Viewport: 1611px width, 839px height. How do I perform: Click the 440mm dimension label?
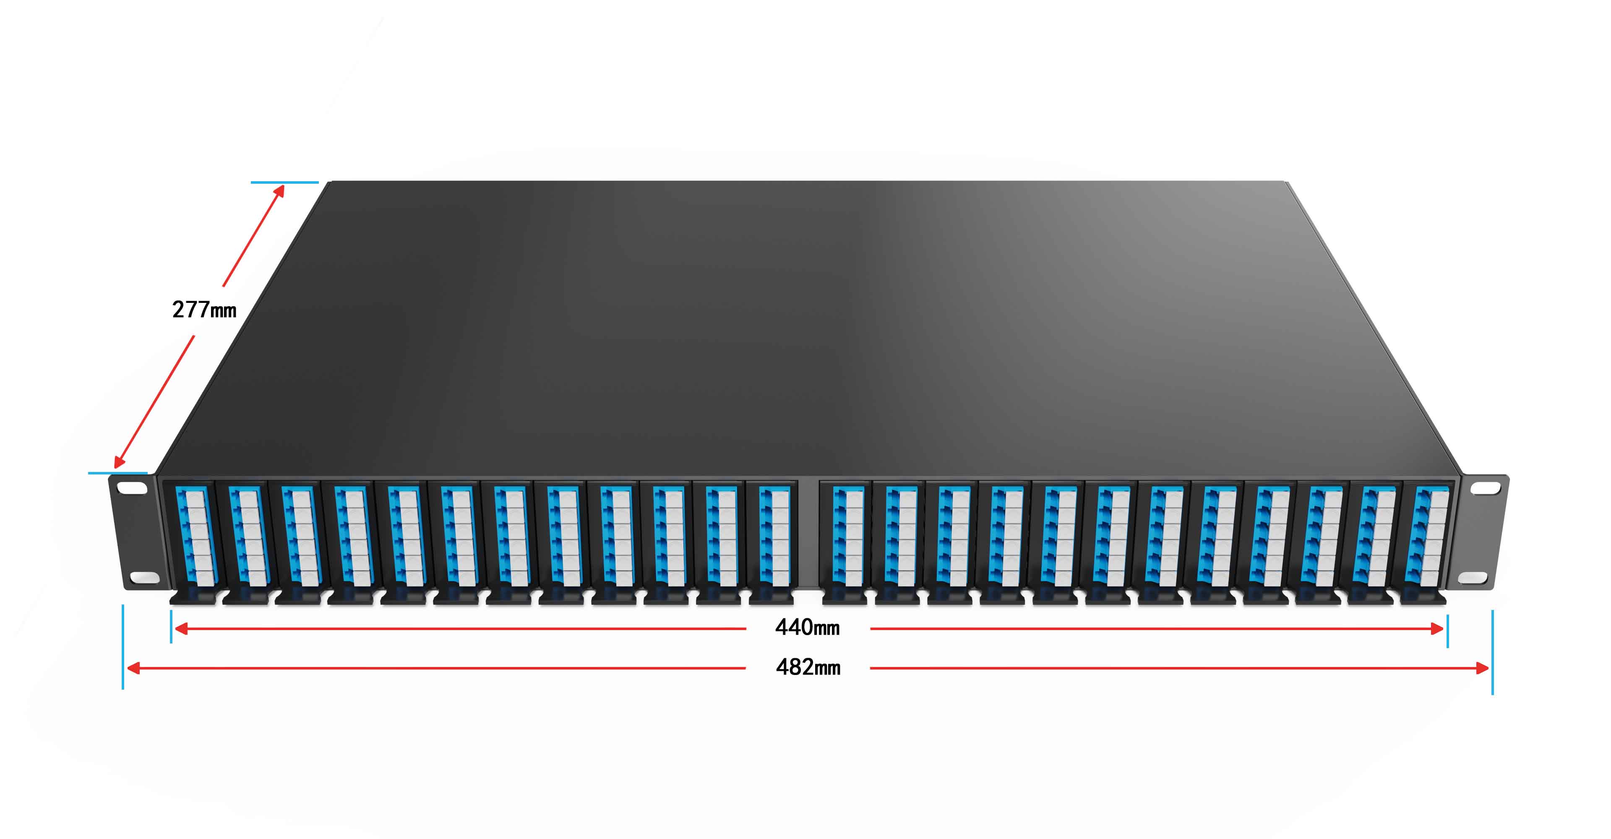click(807, 628)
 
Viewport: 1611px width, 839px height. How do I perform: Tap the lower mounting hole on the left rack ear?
click(144, 577)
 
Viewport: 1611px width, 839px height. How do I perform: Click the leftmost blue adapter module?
click(195, 536)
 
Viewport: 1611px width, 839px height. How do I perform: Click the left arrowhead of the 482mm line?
click(133, 668)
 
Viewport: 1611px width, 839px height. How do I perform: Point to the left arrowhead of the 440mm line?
click(180, 628)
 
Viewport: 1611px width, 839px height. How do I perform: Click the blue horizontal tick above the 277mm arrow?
click(284, 182)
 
